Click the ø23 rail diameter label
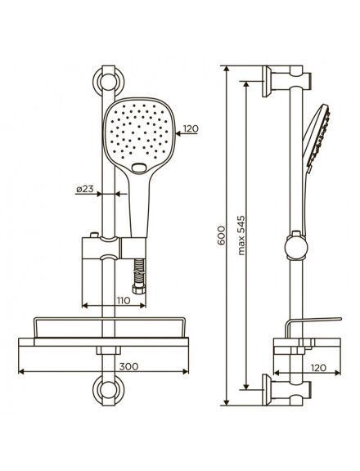tap(85, 189)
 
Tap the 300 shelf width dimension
tap(129, 366)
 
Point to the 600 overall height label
tap(221, 235)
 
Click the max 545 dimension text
tap(241, 235)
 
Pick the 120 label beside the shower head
tap(191, 129)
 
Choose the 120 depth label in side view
tap(318, 368)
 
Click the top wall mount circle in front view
tap(108, 82)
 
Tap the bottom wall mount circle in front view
tap(108, 390)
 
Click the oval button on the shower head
tap(139, 168)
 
